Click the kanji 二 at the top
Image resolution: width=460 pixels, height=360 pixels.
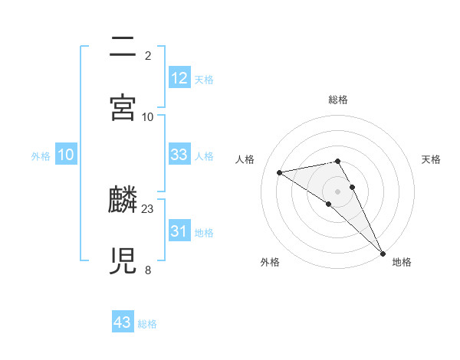pyautogui.click(x=125, y=47)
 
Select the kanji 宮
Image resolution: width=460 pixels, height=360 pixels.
pyautogui.click(x=125, y=107)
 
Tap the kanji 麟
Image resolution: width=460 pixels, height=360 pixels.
pyautogui.click(x=125, y=201)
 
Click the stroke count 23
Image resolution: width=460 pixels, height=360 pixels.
pyautogui.click(x=148, y=208)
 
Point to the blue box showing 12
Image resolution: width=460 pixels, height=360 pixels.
pyautogui.click(x=179, y=78)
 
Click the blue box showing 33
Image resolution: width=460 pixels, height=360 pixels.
pyautogui.click(x=179, y=155)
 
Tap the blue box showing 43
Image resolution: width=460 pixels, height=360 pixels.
pyautogui.click(x=123, y=323)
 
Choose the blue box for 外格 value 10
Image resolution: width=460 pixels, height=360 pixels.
pyautogui.click(x=66, y=155)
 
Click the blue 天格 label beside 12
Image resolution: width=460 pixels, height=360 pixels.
pyautogui.click(x=204, y=79)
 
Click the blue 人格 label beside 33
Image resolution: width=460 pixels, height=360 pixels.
pyautogui.click(x=204, y=155)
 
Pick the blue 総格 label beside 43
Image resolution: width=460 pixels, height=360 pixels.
pyautogui.click(x=147, y=324)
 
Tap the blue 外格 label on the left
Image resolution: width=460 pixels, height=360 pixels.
pyautogui.click(x=41, y=155)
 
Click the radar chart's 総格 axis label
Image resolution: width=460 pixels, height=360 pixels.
pyautogui.click(x=338, y=100)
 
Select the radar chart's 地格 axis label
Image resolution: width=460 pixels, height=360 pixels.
pyautogui.click(x=402, y=262)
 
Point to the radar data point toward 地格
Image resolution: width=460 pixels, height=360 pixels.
pyautogui.click(x=383, y=253)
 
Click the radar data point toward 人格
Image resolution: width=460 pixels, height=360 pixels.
pyautogui.click(x=279, y=172)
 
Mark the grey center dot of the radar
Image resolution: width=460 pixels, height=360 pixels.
pyautogui.click(x=338, y=191)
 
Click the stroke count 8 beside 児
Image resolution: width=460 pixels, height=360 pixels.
pyautogui.click(x=148, y=270)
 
